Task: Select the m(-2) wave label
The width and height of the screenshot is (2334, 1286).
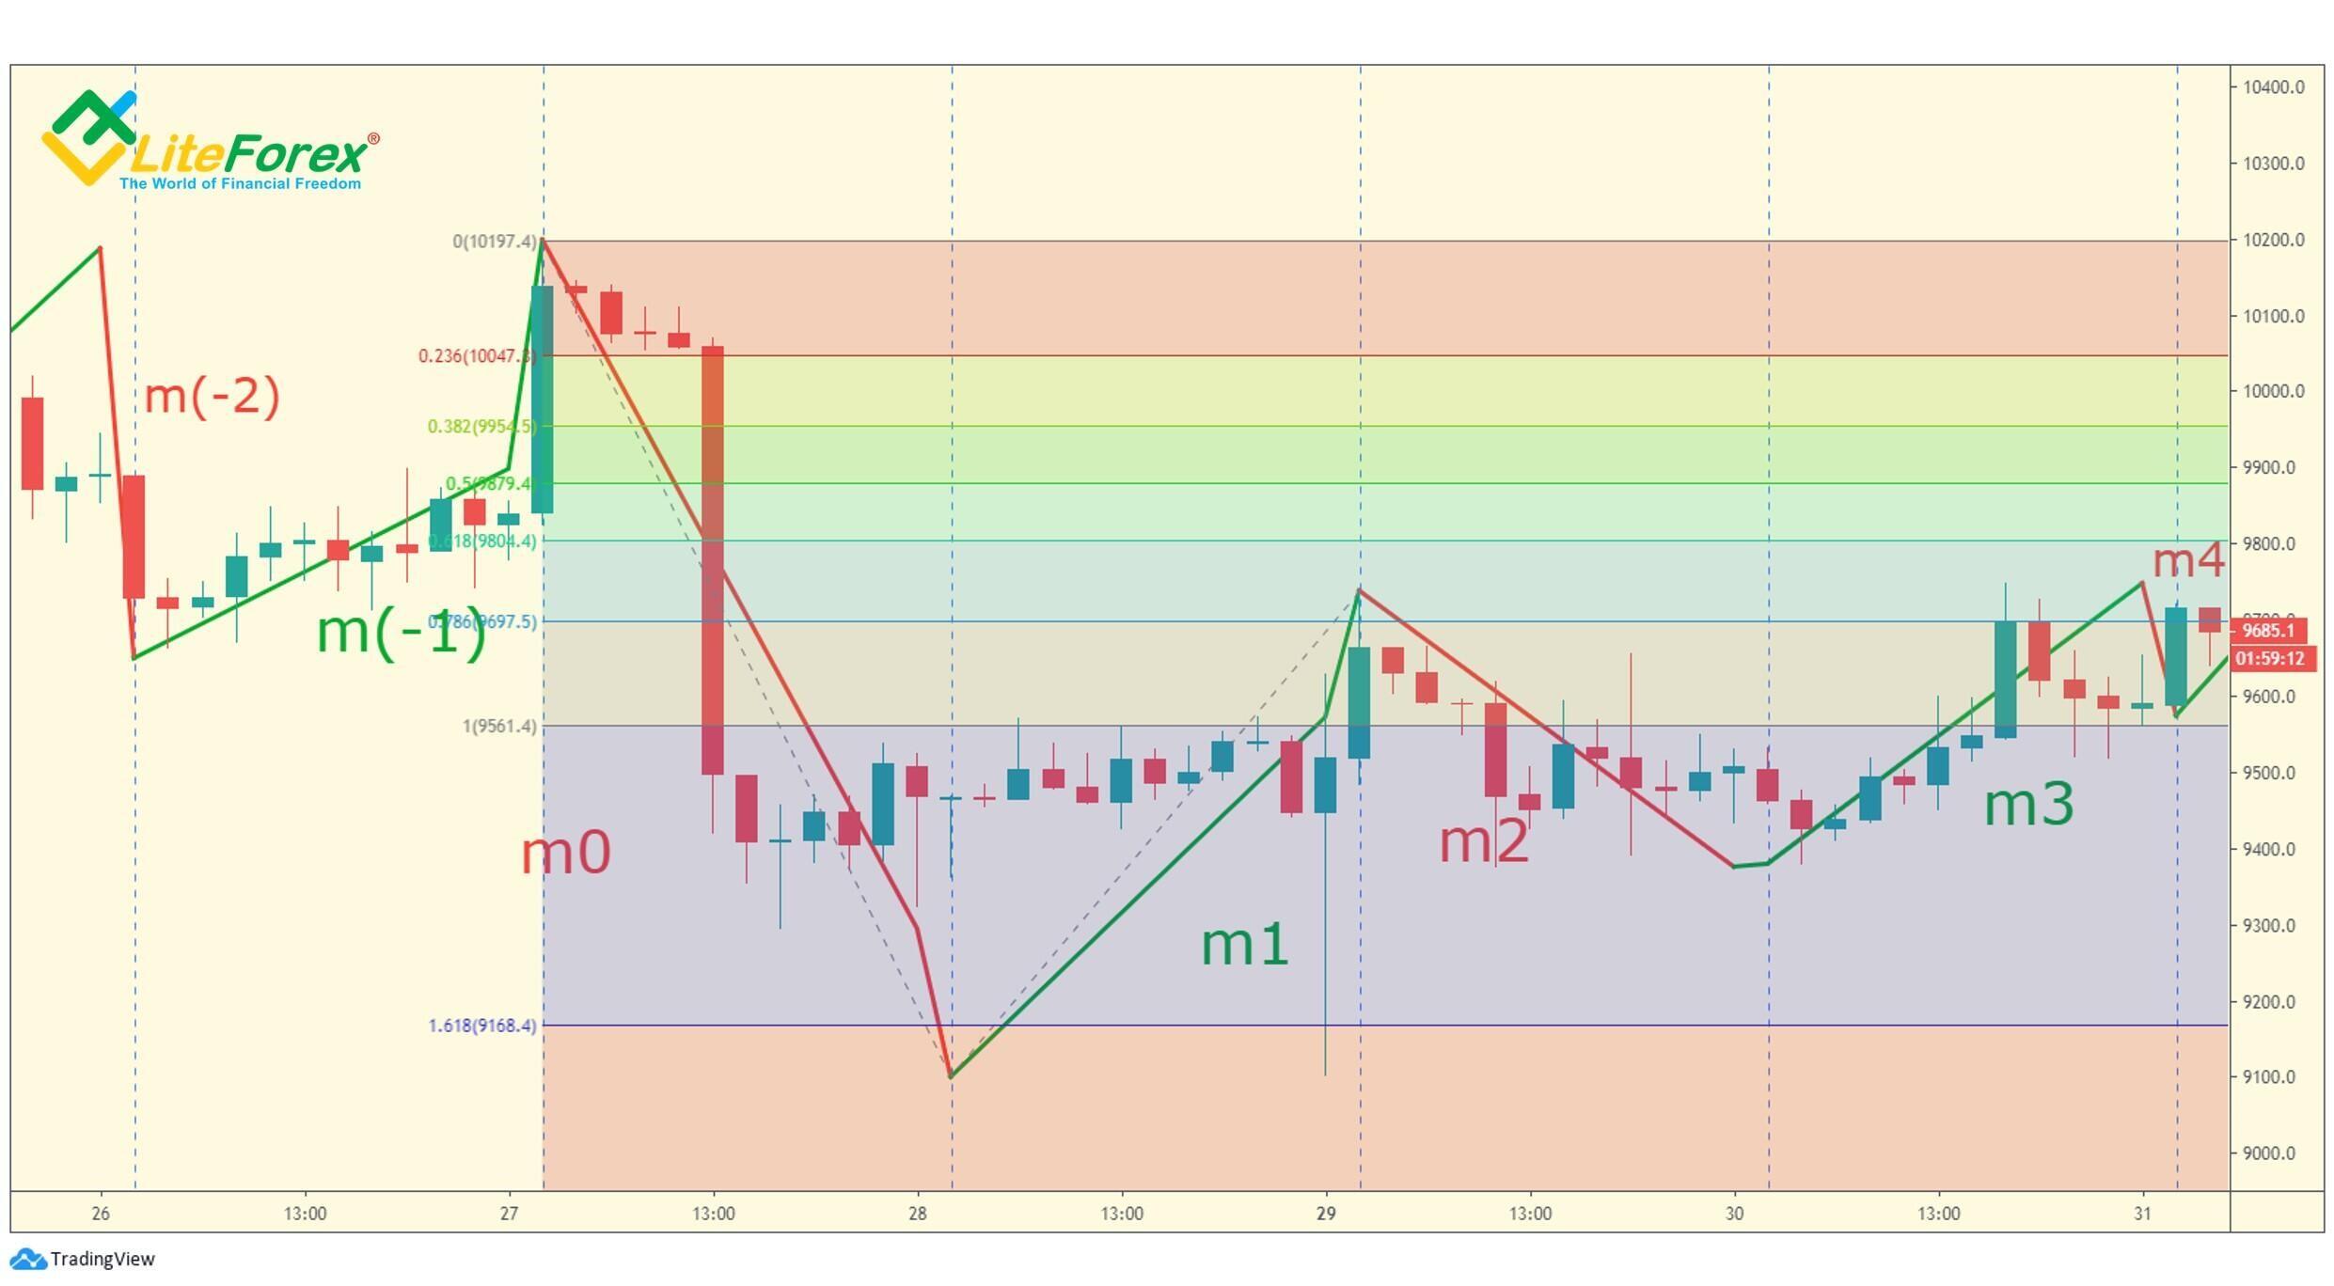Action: pos(212,396)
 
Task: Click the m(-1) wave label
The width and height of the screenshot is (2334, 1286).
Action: pos(402,632)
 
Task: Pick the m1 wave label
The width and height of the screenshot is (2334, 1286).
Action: pos(1244,944)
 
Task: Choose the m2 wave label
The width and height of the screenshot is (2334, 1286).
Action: pos(1484,840)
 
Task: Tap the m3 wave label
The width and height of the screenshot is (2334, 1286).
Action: pos(2028,805)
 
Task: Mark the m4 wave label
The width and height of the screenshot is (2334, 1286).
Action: pos(2187,561)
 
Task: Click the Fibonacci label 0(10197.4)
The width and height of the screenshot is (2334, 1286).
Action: pos(495,242)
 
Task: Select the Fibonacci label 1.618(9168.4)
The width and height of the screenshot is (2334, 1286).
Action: pos(482,1026)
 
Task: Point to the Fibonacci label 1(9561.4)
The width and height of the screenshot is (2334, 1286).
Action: pos(499,727)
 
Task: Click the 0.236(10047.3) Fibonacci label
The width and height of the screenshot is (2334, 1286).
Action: pos(478,356)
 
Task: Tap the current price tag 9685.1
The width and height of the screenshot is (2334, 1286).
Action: pos(2268,631)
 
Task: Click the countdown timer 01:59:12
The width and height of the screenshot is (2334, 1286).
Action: pos(2270,658)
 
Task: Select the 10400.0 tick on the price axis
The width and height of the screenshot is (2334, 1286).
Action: pos(2273,87)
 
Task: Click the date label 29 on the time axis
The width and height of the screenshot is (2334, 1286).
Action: pos(1326,1214)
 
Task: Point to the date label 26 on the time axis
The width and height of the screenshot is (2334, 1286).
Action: pos(101,1214)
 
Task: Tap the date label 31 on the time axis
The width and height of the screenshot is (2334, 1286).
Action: pos(2142,1214)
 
